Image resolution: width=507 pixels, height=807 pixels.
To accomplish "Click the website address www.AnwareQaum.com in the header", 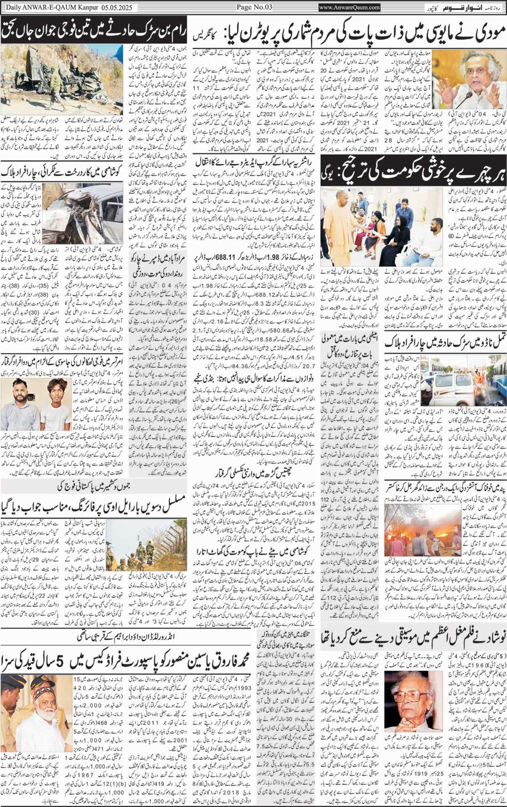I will [350, 7].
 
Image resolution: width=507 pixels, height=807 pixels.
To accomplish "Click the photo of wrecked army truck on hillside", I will [61, 80].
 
